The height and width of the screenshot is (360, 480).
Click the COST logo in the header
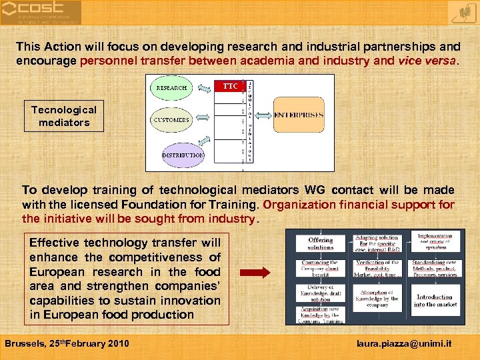click(x=41, y=12)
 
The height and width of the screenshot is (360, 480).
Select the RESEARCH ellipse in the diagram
click(x=172, y=87)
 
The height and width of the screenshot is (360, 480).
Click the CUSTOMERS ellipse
click(x=171, y=120)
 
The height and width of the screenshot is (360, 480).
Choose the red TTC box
click(x=229, y=87)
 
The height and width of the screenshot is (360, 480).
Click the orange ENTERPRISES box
click(x=299, y=115)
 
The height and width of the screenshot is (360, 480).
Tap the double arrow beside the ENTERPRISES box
click(x=264, y=115)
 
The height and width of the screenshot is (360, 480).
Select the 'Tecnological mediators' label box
click(x=64, y=116)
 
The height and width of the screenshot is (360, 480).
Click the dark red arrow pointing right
click(x=254, y=272)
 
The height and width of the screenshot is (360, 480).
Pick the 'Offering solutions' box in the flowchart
click(x=320, y=243)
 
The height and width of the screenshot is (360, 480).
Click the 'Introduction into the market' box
click(x=435, y=300)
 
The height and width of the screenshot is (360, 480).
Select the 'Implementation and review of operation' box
click(x=435, y=241)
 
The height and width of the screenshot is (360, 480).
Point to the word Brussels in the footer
click(x=24, y=343)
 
